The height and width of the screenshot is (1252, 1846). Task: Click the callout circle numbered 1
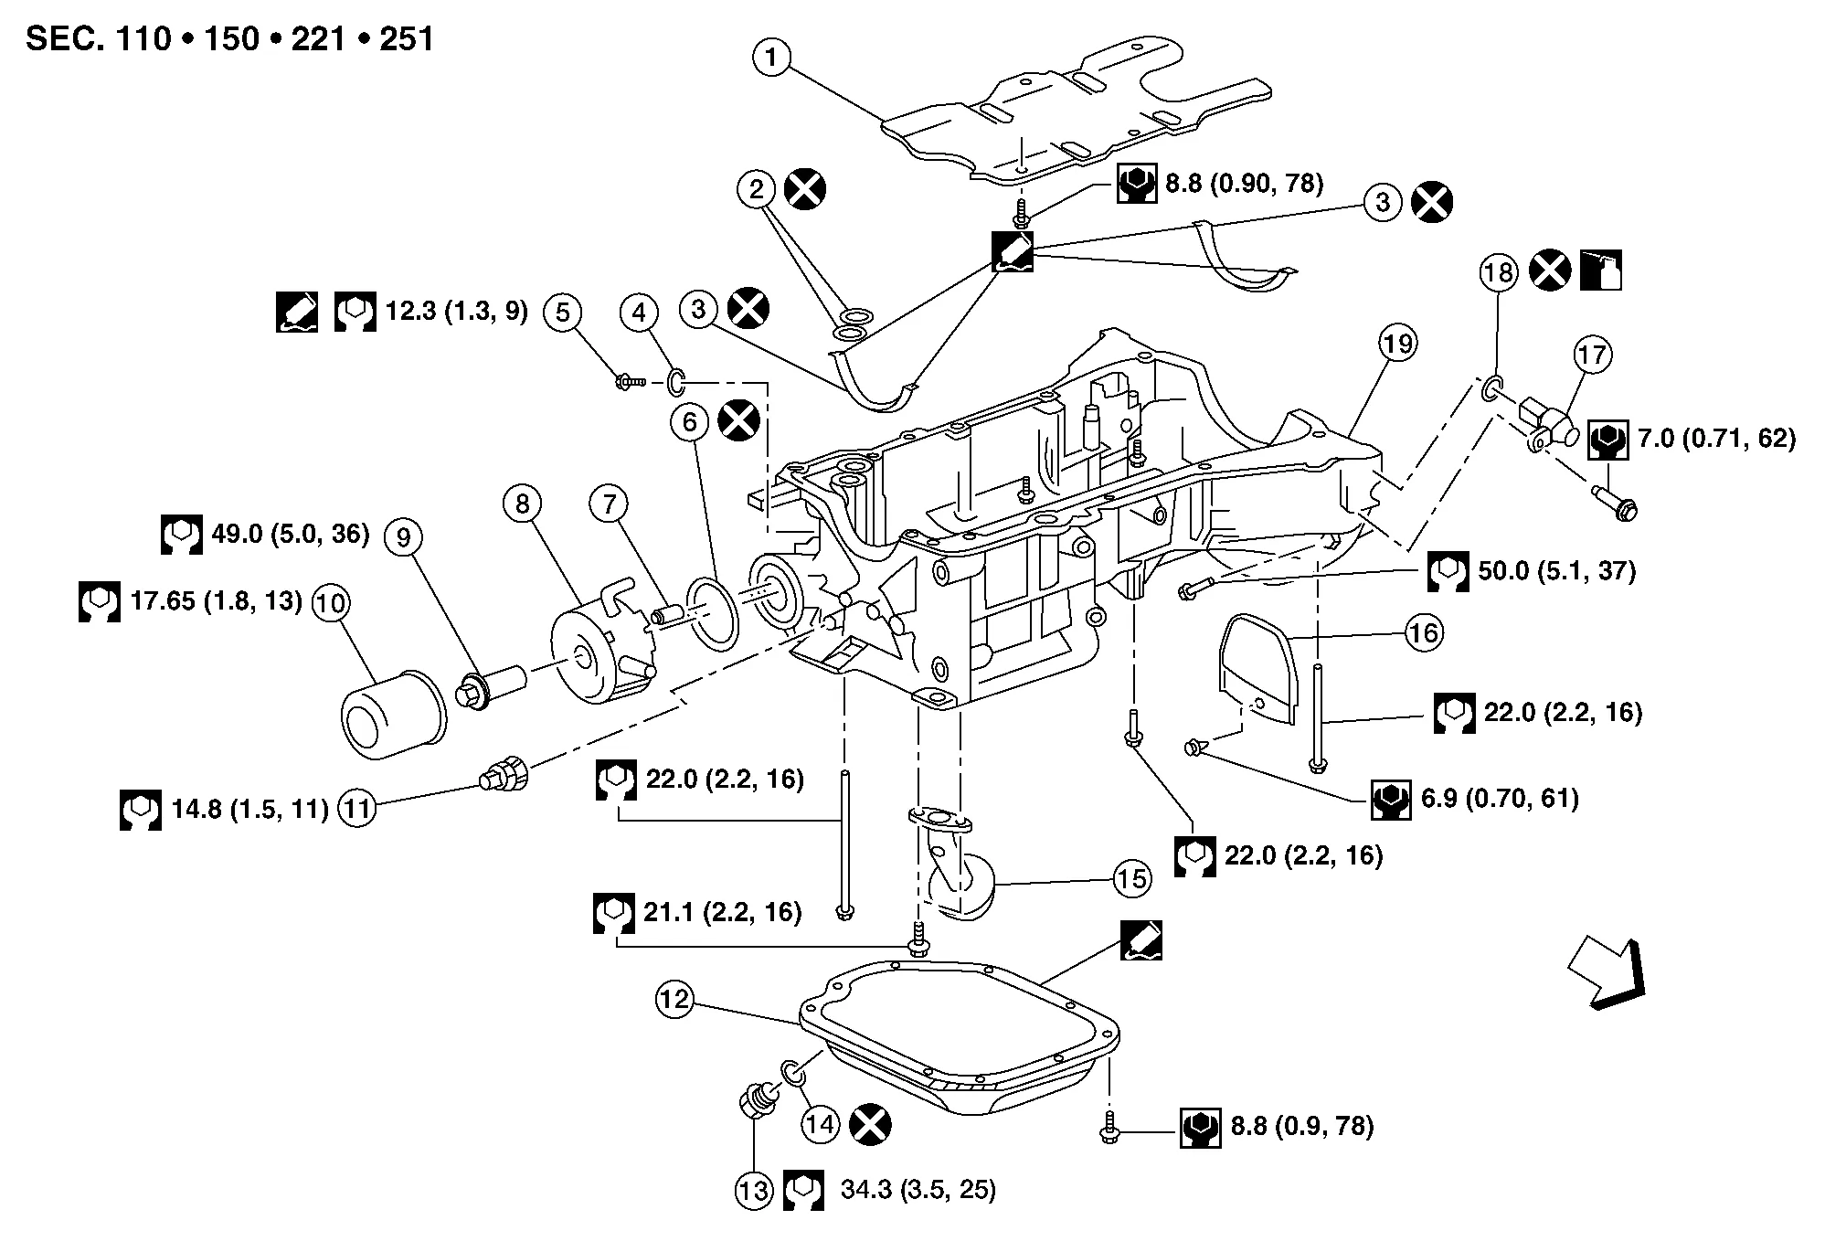(x=771, y=58)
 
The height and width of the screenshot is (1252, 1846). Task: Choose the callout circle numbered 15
(x=1131, y=879)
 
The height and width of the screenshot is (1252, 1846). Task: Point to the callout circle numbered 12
(x=675, y=1000)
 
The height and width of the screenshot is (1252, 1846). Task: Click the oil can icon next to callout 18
(x=1600, y=271)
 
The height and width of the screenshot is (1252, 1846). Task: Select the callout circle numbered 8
(x=522, y=504)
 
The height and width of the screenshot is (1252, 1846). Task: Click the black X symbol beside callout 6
(x=739, y=421)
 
